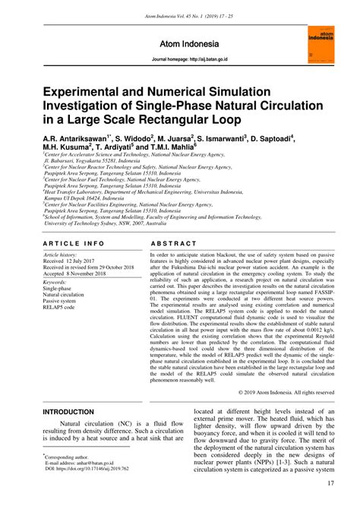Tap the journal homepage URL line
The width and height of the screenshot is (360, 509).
[179, 58]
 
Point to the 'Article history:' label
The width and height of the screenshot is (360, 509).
[60, 234]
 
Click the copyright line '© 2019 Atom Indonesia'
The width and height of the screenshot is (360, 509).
[281, 391]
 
